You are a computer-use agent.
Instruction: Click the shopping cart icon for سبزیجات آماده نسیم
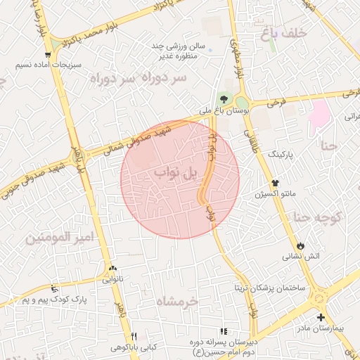[x=47, y=54]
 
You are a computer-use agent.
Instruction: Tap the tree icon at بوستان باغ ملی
[x=224, y=98]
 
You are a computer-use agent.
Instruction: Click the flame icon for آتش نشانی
[x=302, y=245]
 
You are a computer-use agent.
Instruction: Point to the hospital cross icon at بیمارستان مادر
[x=321, y=316]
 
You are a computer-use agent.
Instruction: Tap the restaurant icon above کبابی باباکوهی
[x=134, y=336]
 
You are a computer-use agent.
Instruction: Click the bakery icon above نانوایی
[x=113, y=268]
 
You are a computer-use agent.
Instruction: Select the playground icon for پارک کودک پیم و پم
[x=55, y=288]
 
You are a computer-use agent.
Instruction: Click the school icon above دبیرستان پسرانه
[x=224, y=331]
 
